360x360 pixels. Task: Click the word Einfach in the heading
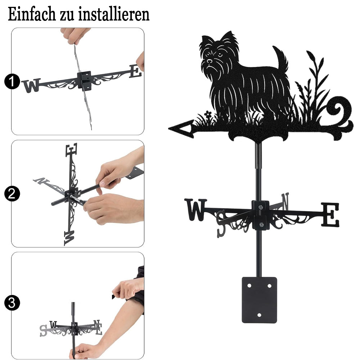pos(32,14)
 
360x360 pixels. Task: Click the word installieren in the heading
pos(114,14)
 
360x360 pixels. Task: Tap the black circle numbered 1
pos(12,81)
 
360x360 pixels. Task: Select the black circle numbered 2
pos(12,194)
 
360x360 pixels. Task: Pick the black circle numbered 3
pos(12,303)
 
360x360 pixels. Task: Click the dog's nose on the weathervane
pos(210,61)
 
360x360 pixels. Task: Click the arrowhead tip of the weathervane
pos(169,129)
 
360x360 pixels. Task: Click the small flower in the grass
pos(208,114)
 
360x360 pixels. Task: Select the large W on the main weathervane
pos(195,210)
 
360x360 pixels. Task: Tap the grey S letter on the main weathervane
pos(221,224)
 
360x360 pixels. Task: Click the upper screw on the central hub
pos(260,208)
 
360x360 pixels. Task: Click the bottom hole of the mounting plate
pos(260,315)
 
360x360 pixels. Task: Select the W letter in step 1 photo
pos(31,85)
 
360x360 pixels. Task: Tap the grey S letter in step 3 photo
pos(43,330)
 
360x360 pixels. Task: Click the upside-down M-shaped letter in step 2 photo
pos(69,238)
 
